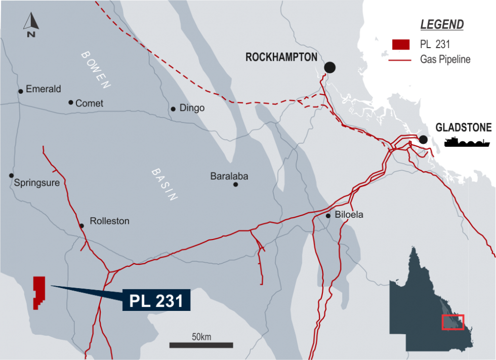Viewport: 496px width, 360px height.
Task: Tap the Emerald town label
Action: tap(43, 89)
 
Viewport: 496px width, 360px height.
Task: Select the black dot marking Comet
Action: tap(71, 102)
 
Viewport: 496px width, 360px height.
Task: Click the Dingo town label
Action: tap(192, 108)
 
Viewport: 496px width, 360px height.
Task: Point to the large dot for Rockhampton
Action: tap(330, 67)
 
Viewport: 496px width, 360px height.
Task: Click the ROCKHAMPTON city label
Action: tap(281, 57)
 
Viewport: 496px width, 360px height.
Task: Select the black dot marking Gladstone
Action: tap(423, 140)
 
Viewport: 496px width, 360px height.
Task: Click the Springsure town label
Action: tap(37, 183)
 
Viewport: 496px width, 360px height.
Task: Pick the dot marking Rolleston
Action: tap(81, 226)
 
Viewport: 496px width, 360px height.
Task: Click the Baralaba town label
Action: tap(229, 176)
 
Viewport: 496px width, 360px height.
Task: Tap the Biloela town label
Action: tap(349, 215)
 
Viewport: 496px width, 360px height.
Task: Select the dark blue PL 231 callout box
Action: tap(156, 300)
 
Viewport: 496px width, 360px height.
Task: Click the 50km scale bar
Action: tap(200, 345)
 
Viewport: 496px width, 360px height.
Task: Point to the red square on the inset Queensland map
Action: tap(452, 322)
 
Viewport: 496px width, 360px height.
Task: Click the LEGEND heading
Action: tap(442, 24)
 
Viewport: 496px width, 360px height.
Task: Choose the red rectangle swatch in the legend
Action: tap(400, 44)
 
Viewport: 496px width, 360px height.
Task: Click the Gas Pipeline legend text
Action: tap(445, 60)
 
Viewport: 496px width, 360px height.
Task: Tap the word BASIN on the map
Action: tap(165, 185)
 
